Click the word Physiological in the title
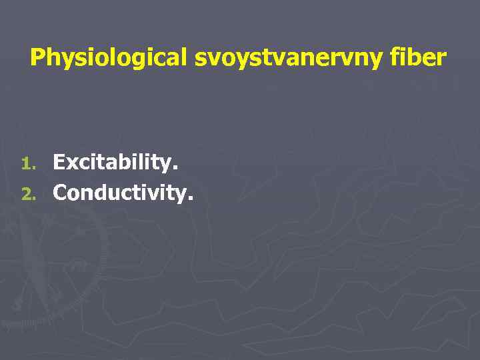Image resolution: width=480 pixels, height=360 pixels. point(110,58)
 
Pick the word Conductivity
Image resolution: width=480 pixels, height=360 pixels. point(123,193)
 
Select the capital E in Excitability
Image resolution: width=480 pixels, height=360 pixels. point(59,162)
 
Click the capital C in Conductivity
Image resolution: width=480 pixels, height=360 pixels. point(61,193)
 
